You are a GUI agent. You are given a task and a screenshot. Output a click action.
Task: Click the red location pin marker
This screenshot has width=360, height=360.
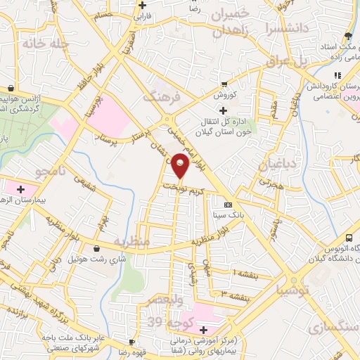[x=181, y=167]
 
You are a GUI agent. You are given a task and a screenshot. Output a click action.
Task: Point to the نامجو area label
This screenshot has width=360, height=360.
[x=50, y=171]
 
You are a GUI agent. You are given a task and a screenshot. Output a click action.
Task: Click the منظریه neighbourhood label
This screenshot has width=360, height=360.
[x=131, y=242]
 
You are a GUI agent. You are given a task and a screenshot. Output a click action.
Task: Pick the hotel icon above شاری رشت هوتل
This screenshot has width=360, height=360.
[x=96, y=248]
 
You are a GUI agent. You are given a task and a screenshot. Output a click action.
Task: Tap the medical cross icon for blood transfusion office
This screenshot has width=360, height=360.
[x=223, y=110]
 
